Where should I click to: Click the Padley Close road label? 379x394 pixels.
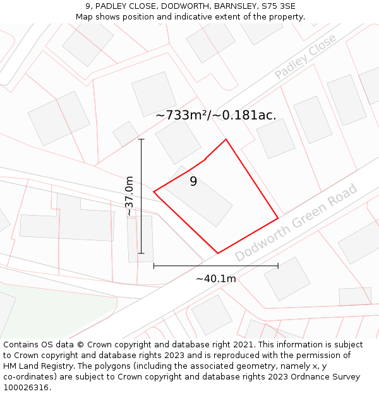click(x=306, y=57)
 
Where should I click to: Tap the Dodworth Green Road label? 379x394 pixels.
click(x=296, y=223)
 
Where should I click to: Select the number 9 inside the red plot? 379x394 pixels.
click(x=193, y=182)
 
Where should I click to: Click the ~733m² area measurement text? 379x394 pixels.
click(x=215, y=115)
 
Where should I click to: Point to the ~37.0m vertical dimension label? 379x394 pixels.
click(x=129, y=196)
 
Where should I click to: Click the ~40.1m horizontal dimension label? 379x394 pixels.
click(x=215, y=279)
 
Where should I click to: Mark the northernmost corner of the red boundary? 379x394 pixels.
click(x=226, y=139)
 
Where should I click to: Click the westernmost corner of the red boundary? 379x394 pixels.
click(x=154, y=191)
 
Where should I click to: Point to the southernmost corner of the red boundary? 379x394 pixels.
click(x=218, y=253)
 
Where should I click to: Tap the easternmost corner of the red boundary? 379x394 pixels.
click(x=278, y=219)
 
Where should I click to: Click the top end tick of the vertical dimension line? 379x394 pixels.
click(x=141, y=139)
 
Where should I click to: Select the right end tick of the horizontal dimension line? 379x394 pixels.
click(x=278, y=266)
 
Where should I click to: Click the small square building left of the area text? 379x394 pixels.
click(x=126, y=134)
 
